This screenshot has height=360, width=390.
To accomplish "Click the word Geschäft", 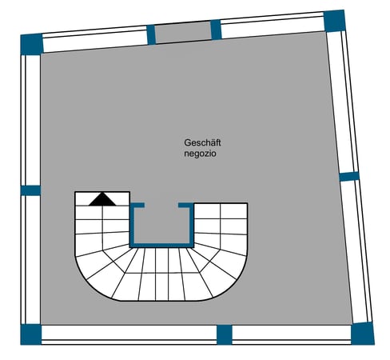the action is [202, 143].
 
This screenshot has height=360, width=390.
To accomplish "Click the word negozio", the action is [200, 154].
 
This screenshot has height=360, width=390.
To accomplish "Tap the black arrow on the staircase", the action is [102, 199].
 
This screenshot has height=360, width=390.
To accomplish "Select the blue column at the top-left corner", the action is [32, 44].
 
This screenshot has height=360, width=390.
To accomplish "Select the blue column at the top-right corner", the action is [335, 21].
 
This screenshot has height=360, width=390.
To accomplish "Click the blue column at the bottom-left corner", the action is [31, 334].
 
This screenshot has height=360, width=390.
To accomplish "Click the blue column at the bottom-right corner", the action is [363, 334].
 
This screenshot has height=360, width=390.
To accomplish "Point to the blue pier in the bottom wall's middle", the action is [225, 334].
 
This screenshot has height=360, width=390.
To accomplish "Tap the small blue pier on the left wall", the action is [30, 190].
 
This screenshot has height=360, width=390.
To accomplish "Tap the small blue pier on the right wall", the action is [349, 177].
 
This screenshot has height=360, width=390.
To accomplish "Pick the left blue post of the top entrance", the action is [151, 34].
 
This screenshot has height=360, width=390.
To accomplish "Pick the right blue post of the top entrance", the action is [216, 30].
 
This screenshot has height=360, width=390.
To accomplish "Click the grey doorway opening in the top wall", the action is [183, 32].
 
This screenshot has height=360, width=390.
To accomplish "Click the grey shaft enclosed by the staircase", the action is [162, 225].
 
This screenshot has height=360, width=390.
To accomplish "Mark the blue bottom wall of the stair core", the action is [161, 246].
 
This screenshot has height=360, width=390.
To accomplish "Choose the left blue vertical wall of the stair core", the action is [132, 226].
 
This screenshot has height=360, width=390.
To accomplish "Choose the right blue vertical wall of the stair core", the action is [192, 226].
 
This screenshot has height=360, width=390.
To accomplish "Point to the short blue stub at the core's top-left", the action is [137, 206].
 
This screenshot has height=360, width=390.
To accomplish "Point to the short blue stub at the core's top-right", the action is [186, 206].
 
